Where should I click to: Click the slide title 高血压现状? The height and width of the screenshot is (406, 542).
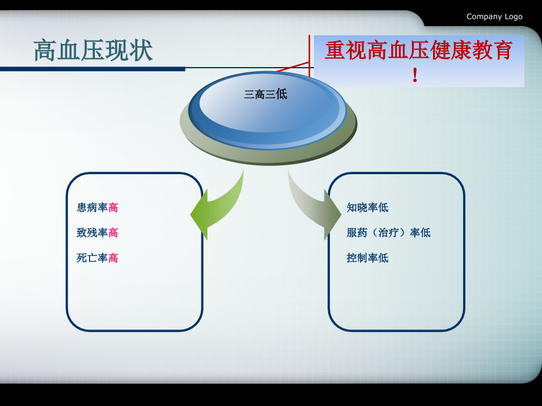(93, 51)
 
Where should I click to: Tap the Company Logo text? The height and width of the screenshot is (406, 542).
(494, 16)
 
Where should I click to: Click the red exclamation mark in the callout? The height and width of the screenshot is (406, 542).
(415, 75)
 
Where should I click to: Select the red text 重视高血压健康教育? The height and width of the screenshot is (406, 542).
(418, 51)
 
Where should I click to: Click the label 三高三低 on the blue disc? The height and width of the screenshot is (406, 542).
(266, 94)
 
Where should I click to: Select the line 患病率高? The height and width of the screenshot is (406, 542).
(97, 208)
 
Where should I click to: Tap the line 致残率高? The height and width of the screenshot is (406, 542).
(97, 233)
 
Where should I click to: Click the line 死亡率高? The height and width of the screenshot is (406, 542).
(97, 258)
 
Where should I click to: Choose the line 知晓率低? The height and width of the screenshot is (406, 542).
(367, 208)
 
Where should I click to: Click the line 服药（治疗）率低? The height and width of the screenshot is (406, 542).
(388, 233)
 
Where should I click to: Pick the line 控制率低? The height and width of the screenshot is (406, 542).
(367, 258)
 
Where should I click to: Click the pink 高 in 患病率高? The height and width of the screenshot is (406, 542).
(113, 208)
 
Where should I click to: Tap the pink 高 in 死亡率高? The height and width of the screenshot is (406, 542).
(113, 258)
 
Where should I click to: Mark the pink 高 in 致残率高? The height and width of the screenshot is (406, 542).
(113, 233)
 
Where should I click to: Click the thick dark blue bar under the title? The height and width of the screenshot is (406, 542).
(92, 69)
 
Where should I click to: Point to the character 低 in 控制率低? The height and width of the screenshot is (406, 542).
(384, 258)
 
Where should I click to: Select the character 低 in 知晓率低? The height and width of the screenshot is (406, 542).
(384, 208)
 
